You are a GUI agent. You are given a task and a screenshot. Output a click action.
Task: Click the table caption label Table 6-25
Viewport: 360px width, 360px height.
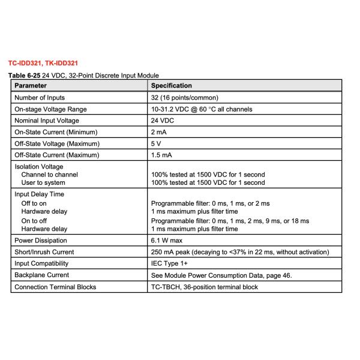(25, 76)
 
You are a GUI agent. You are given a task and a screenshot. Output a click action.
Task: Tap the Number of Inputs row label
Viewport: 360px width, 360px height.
(40, 97)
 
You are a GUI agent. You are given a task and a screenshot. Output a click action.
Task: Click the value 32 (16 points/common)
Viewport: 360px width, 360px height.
(183, 97)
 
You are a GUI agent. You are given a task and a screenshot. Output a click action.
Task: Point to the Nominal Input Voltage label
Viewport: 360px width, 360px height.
(44, 121)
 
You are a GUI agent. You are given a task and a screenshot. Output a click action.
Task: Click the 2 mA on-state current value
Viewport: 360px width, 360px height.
(158, 132)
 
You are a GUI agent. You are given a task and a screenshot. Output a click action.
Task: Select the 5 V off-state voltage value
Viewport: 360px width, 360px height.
(155, 144)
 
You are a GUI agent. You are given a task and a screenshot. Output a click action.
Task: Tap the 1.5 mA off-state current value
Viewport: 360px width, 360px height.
(161, 155)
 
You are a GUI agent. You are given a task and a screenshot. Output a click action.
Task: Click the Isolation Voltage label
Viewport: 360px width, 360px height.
(38, 167)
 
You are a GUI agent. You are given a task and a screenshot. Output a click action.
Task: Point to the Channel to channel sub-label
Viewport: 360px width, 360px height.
(49, 175)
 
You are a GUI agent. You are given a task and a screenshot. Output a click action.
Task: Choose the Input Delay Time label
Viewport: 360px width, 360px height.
(39, 194)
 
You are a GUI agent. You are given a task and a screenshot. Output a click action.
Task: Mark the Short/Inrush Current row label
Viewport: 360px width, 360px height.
(44, 252)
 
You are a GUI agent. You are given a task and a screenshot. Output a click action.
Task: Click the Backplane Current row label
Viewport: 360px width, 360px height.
(41, 275)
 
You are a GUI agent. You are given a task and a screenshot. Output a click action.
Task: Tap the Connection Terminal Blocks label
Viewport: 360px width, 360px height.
(55, 287)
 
